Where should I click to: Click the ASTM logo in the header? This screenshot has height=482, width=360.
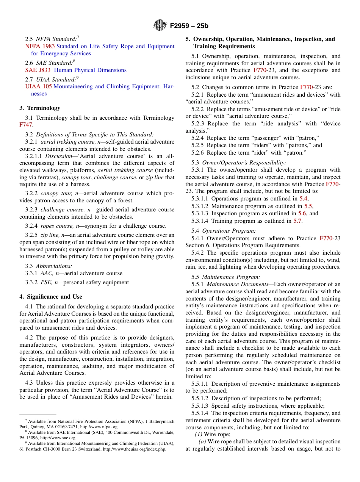160,25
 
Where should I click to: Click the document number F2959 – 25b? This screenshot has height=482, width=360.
189,26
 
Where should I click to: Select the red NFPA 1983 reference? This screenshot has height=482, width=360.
40,46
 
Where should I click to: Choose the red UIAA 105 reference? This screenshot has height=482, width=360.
38,86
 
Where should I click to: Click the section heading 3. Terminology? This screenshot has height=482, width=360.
40,108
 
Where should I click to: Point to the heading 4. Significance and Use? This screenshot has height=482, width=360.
51,297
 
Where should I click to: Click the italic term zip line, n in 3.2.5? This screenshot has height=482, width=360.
53,235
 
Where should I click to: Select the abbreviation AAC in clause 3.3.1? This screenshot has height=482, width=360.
47,273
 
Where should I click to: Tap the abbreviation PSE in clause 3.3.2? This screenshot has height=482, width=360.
46,282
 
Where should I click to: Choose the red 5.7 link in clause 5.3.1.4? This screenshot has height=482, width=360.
297,221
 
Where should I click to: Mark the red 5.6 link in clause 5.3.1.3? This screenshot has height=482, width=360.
302,213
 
